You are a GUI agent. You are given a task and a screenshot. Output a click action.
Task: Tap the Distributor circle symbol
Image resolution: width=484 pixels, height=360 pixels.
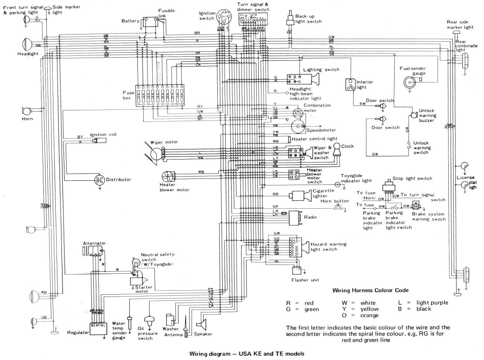pyautogui.click(x=100, y=180)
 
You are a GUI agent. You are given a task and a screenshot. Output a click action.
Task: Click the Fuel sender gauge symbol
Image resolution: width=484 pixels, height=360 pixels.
pyautogui.click(x=409, y=81)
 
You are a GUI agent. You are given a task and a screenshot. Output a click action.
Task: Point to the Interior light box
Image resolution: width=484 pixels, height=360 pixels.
pyautogui.click(x=350, y=85)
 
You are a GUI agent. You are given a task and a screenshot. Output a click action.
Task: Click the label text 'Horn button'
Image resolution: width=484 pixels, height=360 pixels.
pyautogui.click(x=335, y=201)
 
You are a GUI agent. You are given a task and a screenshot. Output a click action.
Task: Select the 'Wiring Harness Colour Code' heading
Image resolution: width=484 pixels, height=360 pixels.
pyautogui.click(x=370, y=290)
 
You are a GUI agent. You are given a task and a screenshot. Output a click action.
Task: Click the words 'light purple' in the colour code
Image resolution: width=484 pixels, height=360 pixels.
pyautogui.click(x=427, y=303)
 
